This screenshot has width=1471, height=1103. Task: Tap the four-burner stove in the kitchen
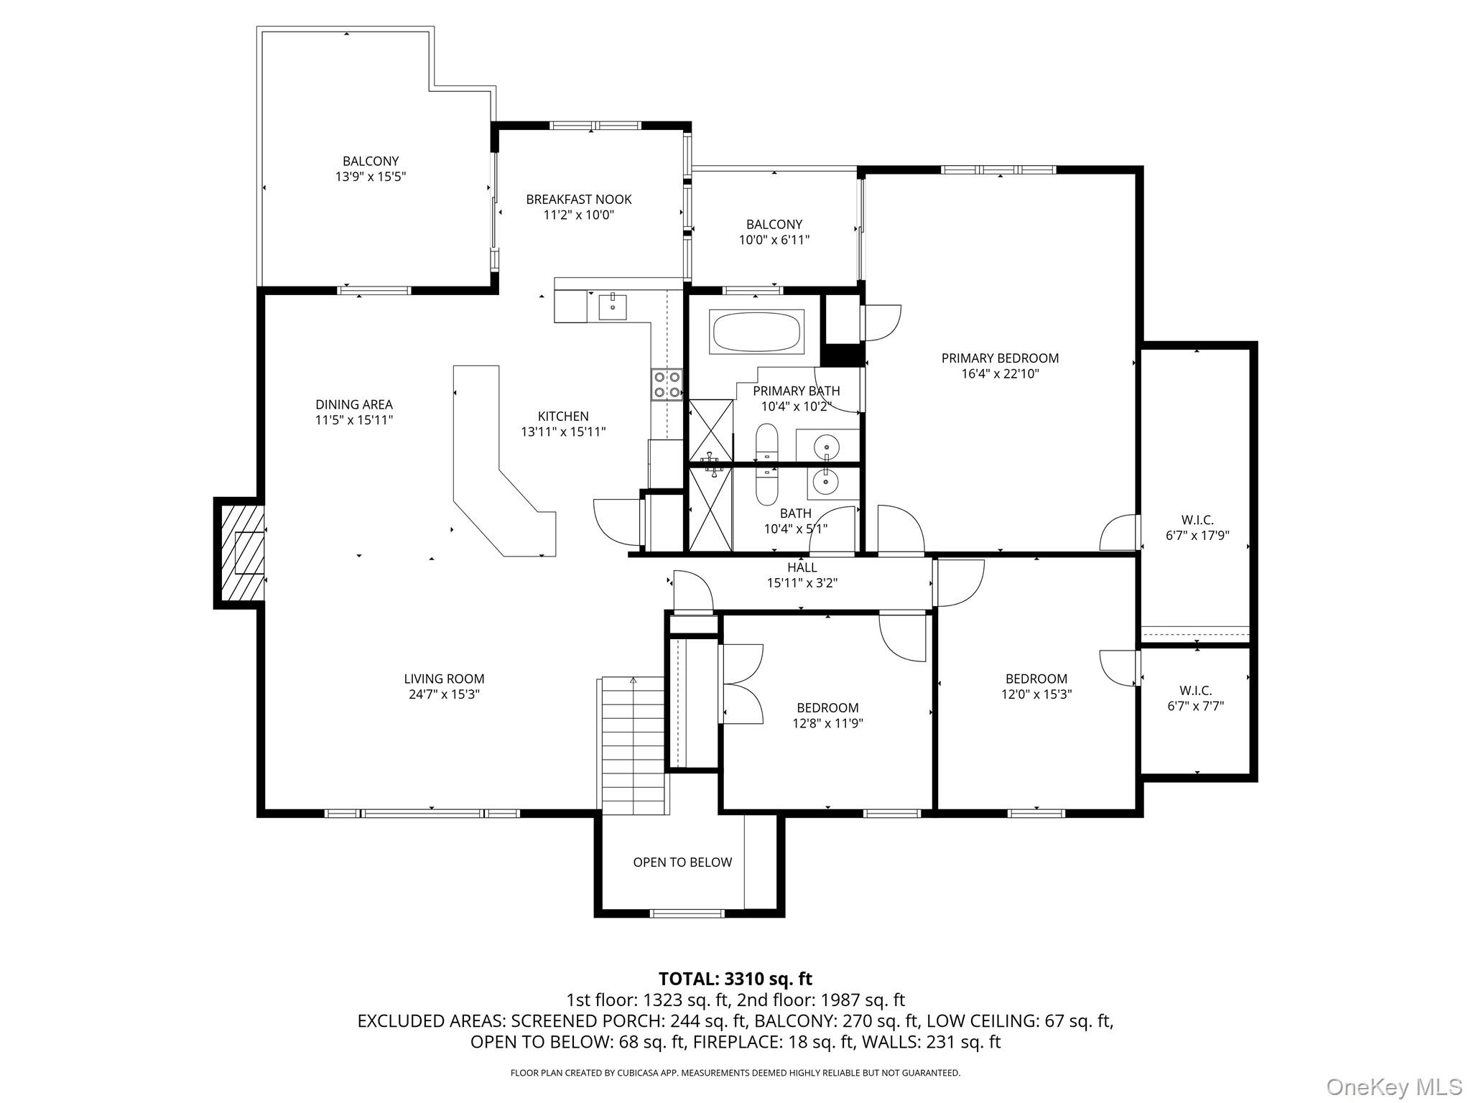tap(667, 384)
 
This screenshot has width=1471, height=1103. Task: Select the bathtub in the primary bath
tap(756, 332)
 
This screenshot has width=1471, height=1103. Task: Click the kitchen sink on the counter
tap(613, 307)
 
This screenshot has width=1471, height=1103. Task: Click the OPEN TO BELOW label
tap(682, 862)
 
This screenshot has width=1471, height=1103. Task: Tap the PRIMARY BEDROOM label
tap(1000, 358)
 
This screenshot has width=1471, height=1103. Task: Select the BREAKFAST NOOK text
tap(579, 200)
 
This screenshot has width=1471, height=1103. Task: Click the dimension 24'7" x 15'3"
tap(444, 694)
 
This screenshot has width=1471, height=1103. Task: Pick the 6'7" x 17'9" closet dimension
tap(1197, 535)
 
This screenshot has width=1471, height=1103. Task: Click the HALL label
tap(802, 568)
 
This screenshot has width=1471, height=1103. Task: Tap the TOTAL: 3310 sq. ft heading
tap(735, 979)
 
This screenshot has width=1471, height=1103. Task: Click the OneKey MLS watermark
tap(1393, 1086)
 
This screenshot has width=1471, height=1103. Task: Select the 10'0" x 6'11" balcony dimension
tap(774, 240)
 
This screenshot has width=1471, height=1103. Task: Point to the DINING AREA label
tap(354, 404)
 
